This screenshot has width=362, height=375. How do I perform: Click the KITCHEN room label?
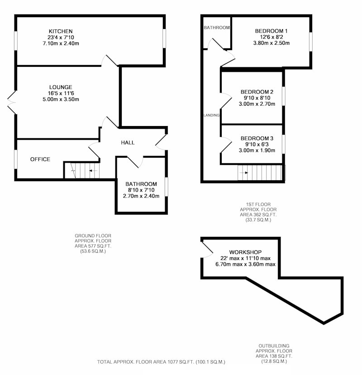tap(61, 31)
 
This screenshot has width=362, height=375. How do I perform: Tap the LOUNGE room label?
tap(61, 87)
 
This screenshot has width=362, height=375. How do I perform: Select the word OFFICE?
tap(40, 159)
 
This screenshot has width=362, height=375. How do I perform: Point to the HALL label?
tap(128, 143)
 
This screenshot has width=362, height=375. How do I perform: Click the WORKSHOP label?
tap(245, 252)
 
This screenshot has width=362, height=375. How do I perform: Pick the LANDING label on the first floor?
tap(212, 115)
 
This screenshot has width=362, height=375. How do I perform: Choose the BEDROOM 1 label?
tap(271, 31)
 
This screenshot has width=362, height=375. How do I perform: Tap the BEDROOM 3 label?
tap(257, 138)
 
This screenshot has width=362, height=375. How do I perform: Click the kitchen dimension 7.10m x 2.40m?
tap(61, 43)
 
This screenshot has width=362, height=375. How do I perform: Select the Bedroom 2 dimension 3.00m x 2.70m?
tap(257, 104)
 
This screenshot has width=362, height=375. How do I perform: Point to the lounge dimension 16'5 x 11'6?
tap(61, 93)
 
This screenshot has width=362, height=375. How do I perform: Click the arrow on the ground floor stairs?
tap(93, 171)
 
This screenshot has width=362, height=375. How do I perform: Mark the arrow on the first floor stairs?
tap(244, 173)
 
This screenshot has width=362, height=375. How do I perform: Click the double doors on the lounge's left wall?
tap(11, 103)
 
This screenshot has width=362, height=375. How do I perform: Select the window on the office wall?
tap(16, 159)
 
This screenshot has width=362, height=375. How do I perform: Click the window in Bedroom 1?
tap(311, 42)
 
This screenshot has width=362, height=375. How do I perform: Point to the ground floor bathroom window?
tap(167, 187)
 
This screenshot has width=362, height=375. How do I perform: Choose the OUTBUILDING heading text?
tap(274, 346)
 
